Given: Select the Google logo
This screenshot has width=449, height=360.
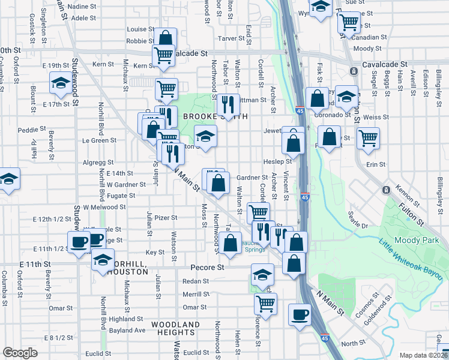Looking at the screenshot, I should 20,353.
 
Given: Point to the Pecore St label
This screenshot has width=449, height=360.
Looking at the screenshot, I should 207,266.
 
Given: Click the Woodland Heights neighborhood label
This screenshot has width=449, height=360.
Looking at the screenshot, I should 175,329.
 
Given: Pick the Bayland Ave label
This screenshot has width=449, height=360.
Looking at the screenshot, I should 127,330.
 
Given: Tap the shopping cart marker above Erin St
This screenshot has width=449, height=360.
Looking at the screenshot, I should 368,137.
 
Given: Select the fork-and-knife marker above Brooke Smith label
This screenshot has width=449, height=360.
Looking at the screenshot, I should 228,104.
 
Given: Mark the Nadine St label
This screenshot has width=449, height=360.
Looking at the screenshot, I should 82,6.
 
